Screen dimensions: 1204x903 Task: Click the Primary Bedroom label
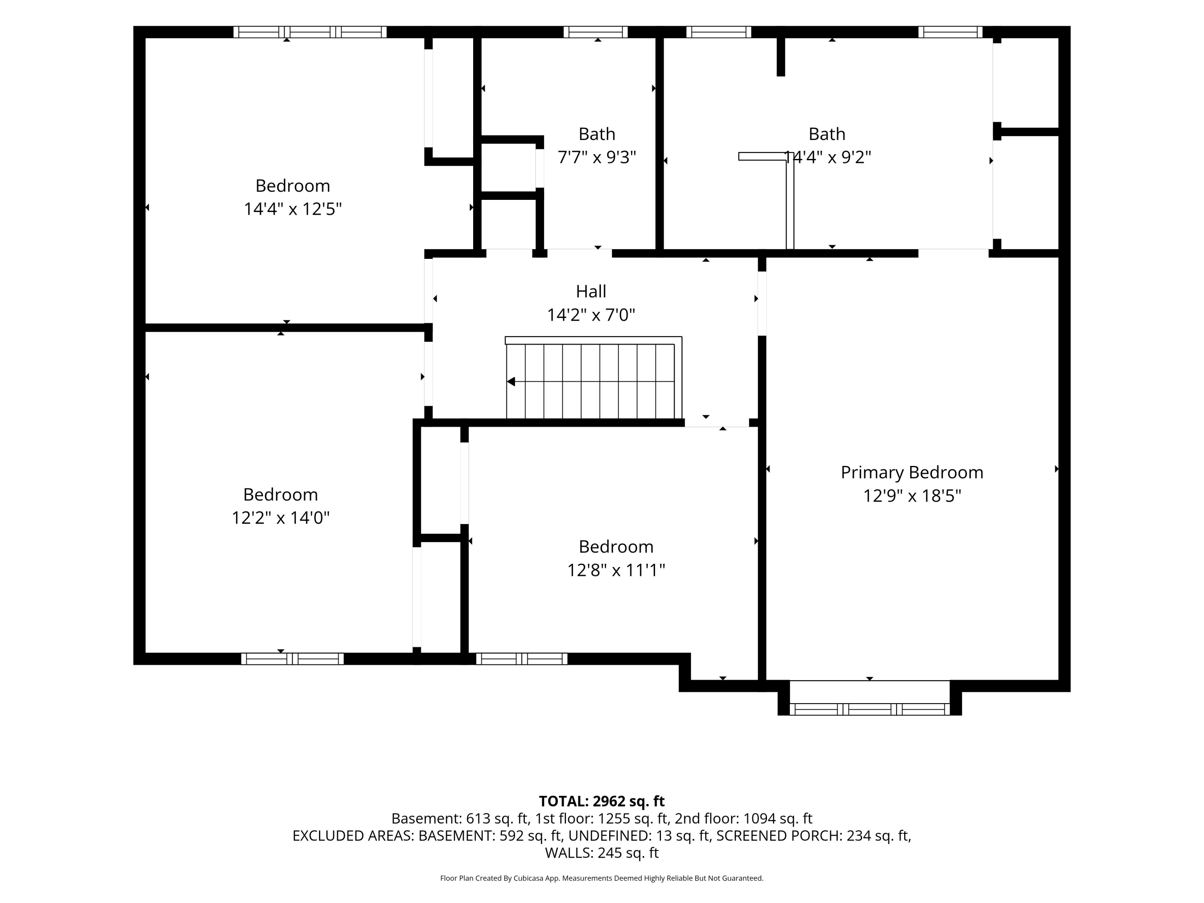(912, 472)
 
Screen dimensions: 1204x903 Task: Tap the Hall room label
(591, 292)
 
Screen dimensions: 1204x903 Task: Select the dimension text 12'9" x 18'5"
(912, 496)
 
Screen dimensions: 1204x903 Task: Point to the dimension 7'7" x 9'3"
(597, 157)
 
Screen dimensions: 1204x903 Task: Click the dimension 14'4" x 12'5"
(293, 209)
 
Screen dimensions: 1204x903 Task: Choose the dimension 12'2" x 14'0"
(281, 518)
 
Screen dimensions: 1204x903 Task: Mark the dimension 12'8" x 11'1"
(616, 570)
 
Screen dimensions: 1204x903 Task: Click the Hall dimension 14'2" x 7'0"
(591, 315)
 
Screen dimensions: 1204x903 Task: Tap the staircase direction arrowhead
(511, 382)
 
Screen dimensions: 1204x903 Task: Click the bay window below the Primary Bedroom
(869, 709)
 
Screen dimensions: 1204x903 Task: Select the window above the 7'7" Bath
(596, 32)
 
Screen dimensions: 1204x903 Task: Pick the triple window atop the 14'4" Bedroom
(310, 32)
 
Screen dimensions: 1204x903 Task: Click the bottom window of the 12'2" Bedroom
(292, 659)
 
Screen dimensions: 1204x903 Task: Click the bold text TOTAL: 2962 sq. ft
(602, 801)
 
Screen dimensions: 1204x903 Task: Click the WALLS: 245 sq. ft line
(602, 853)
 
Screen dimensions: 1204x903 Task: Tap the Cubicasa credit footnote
(602, 878)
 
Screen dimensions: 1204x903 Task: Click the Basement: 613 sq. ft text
(460, 819)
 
